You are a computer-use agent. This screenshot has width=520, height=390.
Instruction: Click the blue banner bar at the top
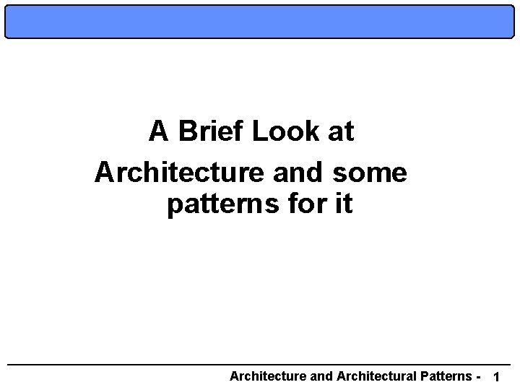click(260, 21)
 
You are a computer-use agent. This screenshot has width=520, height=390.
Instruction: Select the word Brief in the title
click(214, 131)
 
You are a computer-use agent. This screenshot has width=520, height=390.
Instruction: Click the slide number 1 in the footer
click(495, 377)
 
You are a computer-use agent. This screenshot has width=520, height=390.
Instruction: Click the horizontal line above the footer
click(260, 363)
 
